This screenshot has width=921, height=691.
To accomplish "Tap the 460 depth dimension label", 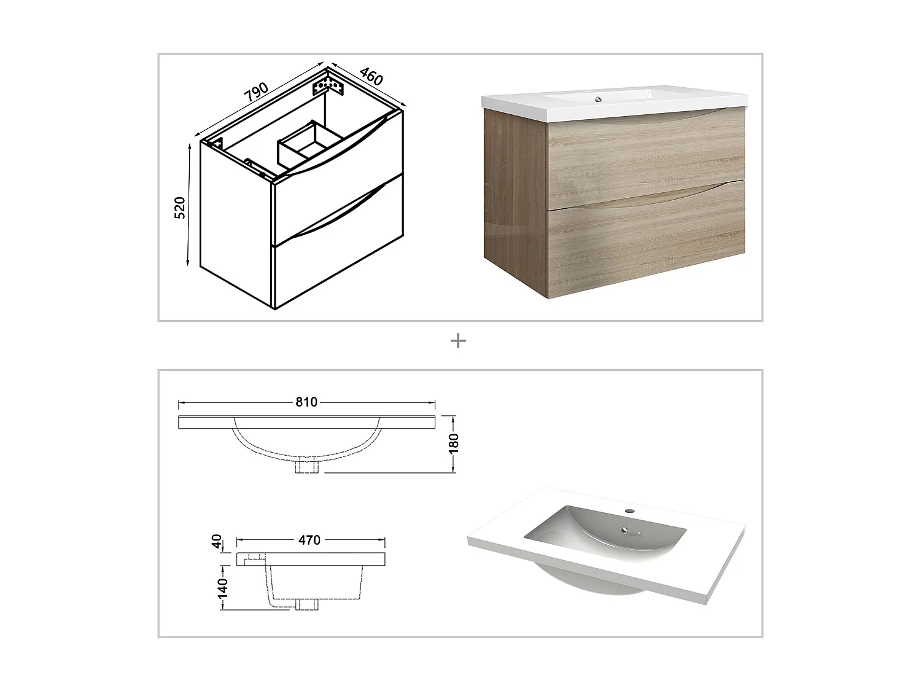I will click(x=371, y=76).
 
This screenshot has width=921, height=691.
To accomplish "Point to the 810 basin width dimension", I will click(x=306, y=402).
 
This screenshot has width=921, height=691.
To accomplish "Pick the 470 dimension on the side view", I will click(x=309, y=540).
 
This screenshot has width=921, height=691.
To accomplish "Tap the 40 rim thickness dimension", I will click(x=216, y=542).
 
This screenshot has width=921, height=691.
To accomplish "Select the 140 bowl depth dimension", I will click(x=222, y=587).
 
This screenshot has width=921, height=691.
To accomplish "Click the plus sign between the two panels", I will click(x=458, y=340).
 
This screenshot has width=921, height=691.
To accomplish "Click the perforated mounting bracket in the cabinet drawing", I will click(x=328, y=84).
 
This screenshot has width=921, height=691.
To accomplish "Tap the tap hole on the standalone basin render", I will click(x=629, y=510).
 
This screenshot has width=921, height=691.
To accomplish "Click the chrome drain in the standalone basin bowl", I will click(x=624, y=530).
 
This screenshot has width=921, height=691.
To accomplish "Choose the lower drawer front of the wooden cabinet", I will click(x=645, y=240).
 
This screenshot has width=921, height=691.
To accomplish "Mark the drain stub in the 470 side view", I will click(x=303, y=603).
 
